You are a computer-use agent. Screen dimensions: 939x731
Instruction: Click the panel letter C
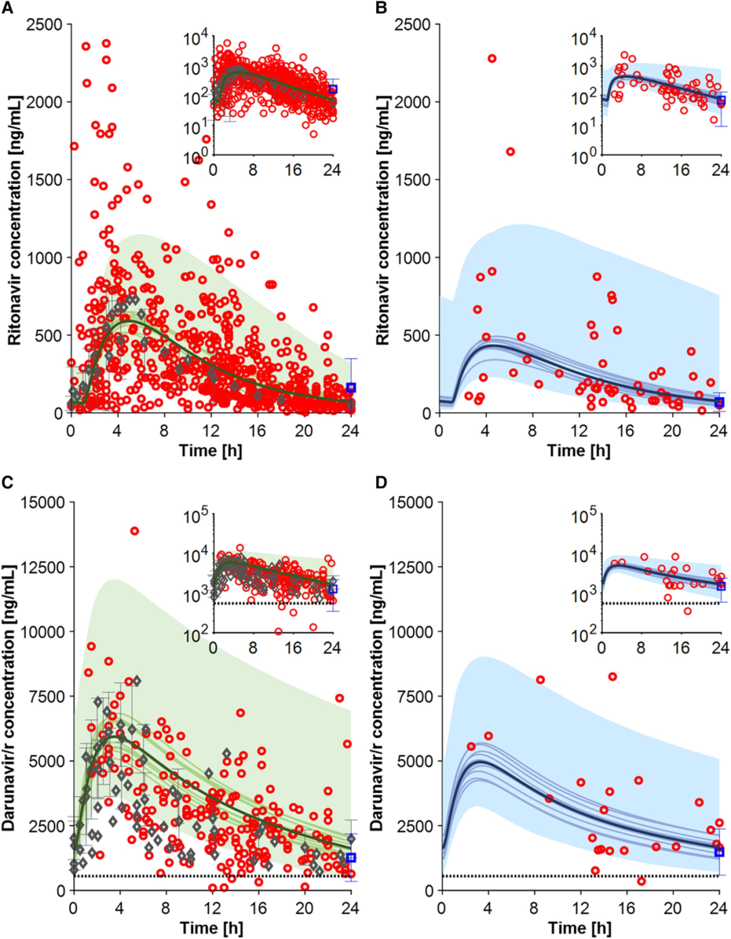click(8, 482)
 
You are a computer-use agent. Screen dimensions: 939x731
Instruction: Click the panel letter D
click(382, 482)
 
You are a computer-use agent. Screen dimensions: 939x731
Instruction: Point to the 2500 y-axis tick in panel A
click(44, 25)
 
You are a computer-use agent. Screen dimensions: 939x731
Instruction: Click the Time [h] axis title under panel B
click(579, 451)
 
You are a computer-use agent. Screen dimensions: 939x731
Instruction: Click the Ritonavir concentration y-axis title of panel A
click(15, 220)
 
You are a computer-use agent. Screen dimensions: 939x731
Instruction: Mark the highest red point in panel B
click(492, 59)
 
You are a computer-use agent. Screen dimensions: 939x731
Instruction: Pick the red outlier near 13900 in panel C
click(135, 531)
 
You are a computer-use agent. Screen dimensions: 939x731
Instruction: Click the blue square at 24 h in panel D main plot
click(719, 852)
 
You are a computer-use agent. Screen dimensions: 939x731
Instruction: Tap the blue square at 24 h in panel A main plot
click(351, 388)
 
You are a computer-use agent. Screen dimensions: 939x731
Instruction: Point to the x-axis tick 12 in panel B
click(579, 431)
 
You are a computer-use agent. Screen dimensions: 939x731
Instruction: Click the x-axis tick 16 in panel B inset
click(681, 170)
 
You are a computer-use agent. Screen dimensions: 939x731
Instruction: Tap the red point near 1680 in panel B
click(510, 152)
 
